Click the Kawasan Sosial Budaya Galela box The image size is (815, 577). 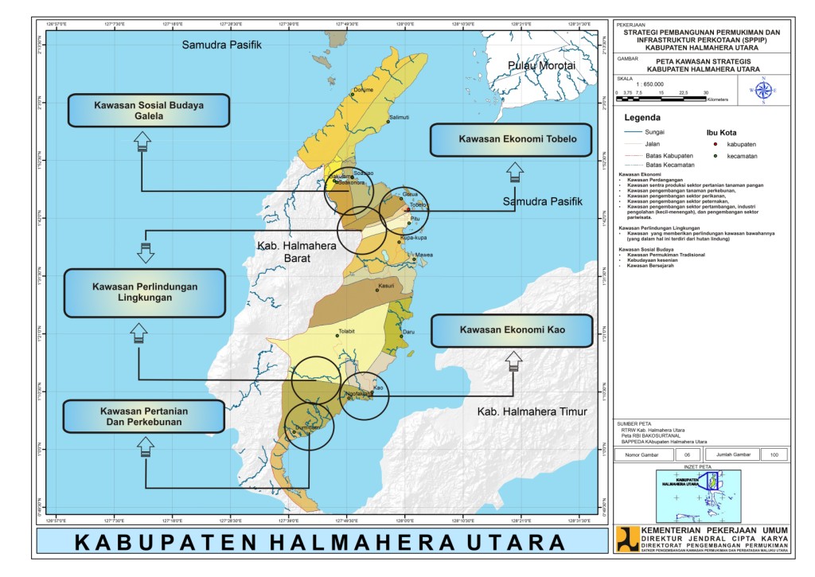(x=149, y=110)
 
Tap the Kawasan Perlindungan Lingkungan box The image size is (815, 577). (x=145, y=291)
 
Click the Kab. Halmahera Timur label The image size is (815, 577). (x=532, y=411)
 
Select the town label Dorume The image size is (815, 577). (x=363, y=89)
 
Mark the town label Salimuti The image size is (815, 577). (x=398, y=117)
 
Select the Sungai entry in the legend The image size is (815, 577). (x=643, y=131)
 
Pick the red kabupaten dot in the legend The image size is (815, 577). (x=716, y=144)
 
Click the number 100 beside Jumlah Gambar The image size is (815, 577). (x=774, y=454)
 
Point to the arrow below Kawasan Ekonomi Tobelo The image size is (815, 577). (x=515, y=172)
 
